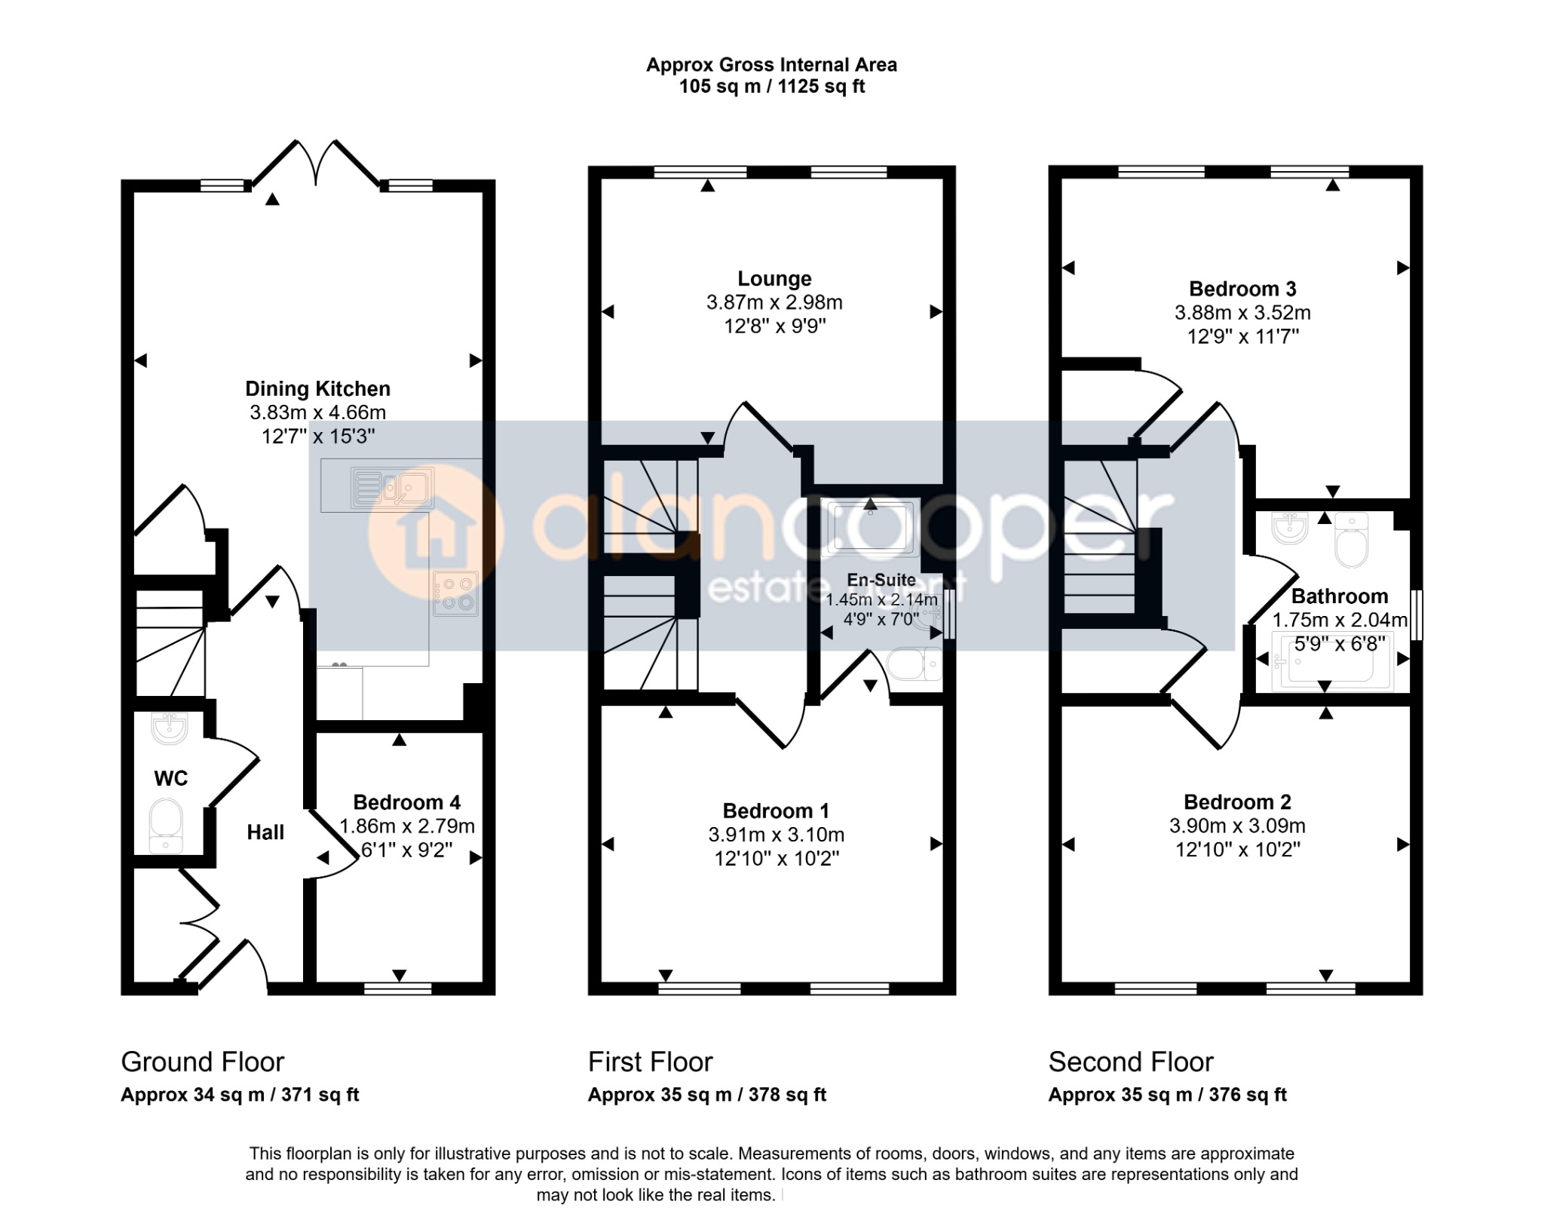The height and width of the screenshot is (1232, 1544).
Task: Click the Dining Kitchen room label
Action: pyautogui.click(x=317, y=389)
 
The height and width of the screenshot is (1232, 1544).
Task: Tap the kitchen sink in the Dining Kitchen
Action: pyautogui.click(x=392, y=487)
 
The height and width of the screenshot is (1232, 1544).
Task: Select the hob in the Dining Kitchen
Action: pyautogui.click(x=456, y=593)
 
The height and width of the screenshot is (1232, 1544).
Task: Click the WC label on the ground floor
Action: pyautogui.click(x=171, y=778)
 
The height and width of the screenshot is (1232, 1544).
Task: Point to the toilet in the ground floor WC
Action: pyautogui.click(x=166, y=826)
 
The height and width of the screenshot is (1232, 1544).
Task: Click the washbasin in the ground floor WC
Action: pyautogui.click(x=170, y=728)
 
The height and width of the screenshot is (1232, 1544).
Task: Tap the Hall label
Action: pyautogui.click(x=265, y=832)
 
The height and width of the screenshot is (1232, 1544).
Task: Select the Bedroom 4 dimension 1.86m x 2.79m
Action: pyautogui.click(x=407, y=826)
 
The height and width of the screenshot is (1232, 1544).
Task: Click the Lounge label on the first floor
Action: pyautogui.click(x=774, y=279)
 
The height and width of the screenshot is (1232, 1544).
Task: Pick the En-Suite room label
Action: pyautogui.click(x=881, y=580)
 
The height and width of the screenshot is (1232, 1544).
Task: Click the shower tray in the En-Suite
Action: pyautogui.click(x=870, y=526)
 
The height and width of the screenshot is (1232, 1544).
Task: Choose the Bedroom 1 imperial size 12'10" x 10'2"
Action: pyautogui.click(x=777, y=859)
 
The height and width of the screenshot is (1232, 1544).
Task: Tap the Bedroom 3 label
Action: pyautogui.click(x=1242, y=289)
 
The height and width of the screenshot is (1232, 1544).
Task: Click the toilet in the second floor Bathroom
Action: pyautogui.click(x=1351, y=540)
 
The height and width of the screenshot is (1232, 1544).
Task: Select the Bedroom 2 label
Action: pyautogui.click(x=1237, y=802)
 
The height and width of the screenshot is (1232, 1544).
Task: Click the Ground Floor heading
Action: pyautogui.click(x=203, y=1062)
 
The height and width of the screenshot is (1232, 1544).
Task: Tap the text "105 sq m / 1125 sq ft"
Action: pyautogui.click(x=772, y=87)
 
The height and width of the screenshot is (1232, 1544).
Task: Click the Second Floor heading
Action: pyautogui.click(x=1131, y=1062)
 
